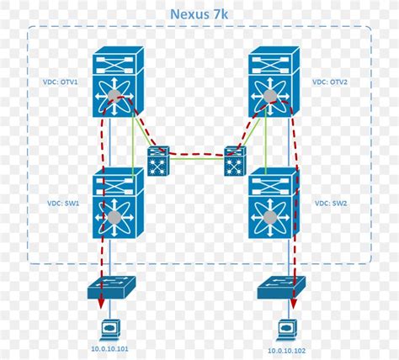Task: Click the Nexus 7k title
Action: (x=199, y=13)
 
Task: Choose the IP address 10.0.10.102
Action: (x=286, y=349)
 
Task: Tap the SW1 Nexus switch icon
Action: (x=118, y=203)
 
